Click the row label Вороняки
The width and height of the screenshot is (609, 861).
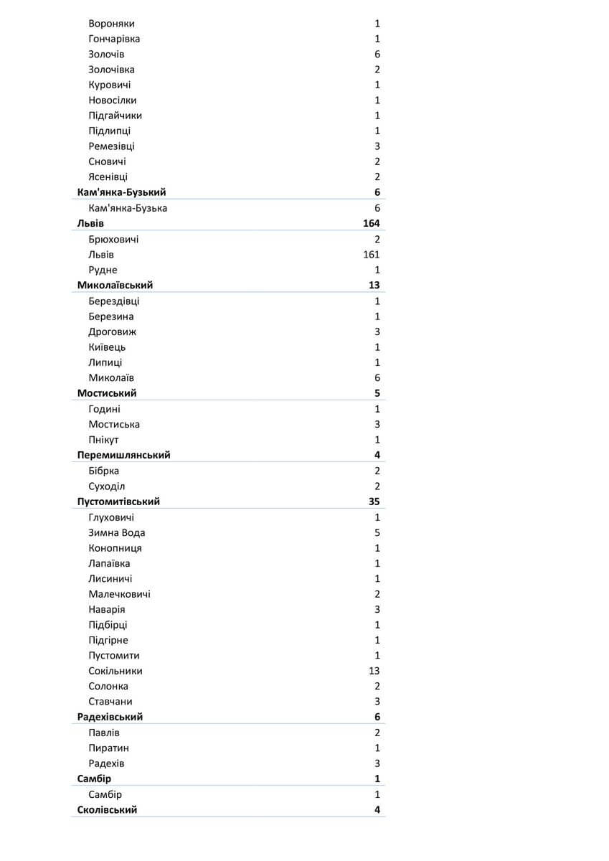(x=111, y=24)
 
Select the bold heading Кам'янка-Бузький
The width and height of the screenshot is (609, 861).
(x=122, y=192)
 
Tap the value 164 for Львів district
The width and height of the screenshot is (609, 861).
(x=371, y=223)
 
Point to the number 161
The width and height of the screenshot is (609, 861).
(x=371, y=255)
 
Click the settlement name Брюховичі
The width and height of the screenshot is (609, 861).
(x=113, y=239)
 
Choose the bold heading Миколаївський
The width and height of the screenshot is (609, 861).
(x=115, y=285)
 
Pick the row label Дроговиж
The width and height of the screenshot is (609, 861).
(x=113, y=331)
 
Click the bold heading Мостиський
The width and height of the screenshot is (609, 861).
(x=107, y=393)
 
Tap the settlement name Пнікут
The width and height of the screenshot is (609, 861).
(x=104, y=440)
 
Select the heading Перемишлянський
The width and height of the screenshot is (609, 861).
(x=123, y=455)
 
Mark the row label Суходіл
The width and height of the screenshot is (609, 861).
(x=107, y=486)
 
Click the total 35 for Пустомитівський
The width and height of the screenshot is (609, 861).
(x=374, y=502)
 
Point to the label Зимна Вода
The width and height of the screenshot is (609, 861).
(x=117, y=532)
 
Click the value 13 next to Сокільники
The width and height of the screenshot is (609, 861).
(x=374, y=671)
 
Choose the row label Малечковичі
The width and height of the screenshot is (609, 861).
(x=119, y=594)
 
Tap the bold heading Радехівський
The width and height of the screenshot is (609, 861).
(x=110, y=717)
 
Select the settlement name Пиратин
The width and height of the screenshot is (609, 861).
(x=108, y=748)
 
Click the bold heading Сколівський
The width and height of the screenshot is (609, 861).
(x=107, y=809)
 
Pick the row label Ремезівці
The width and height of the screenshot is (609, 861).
(x=111, y=146)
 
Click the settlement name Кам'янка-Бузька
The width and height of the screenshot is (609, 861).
(x=128, y=208)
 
